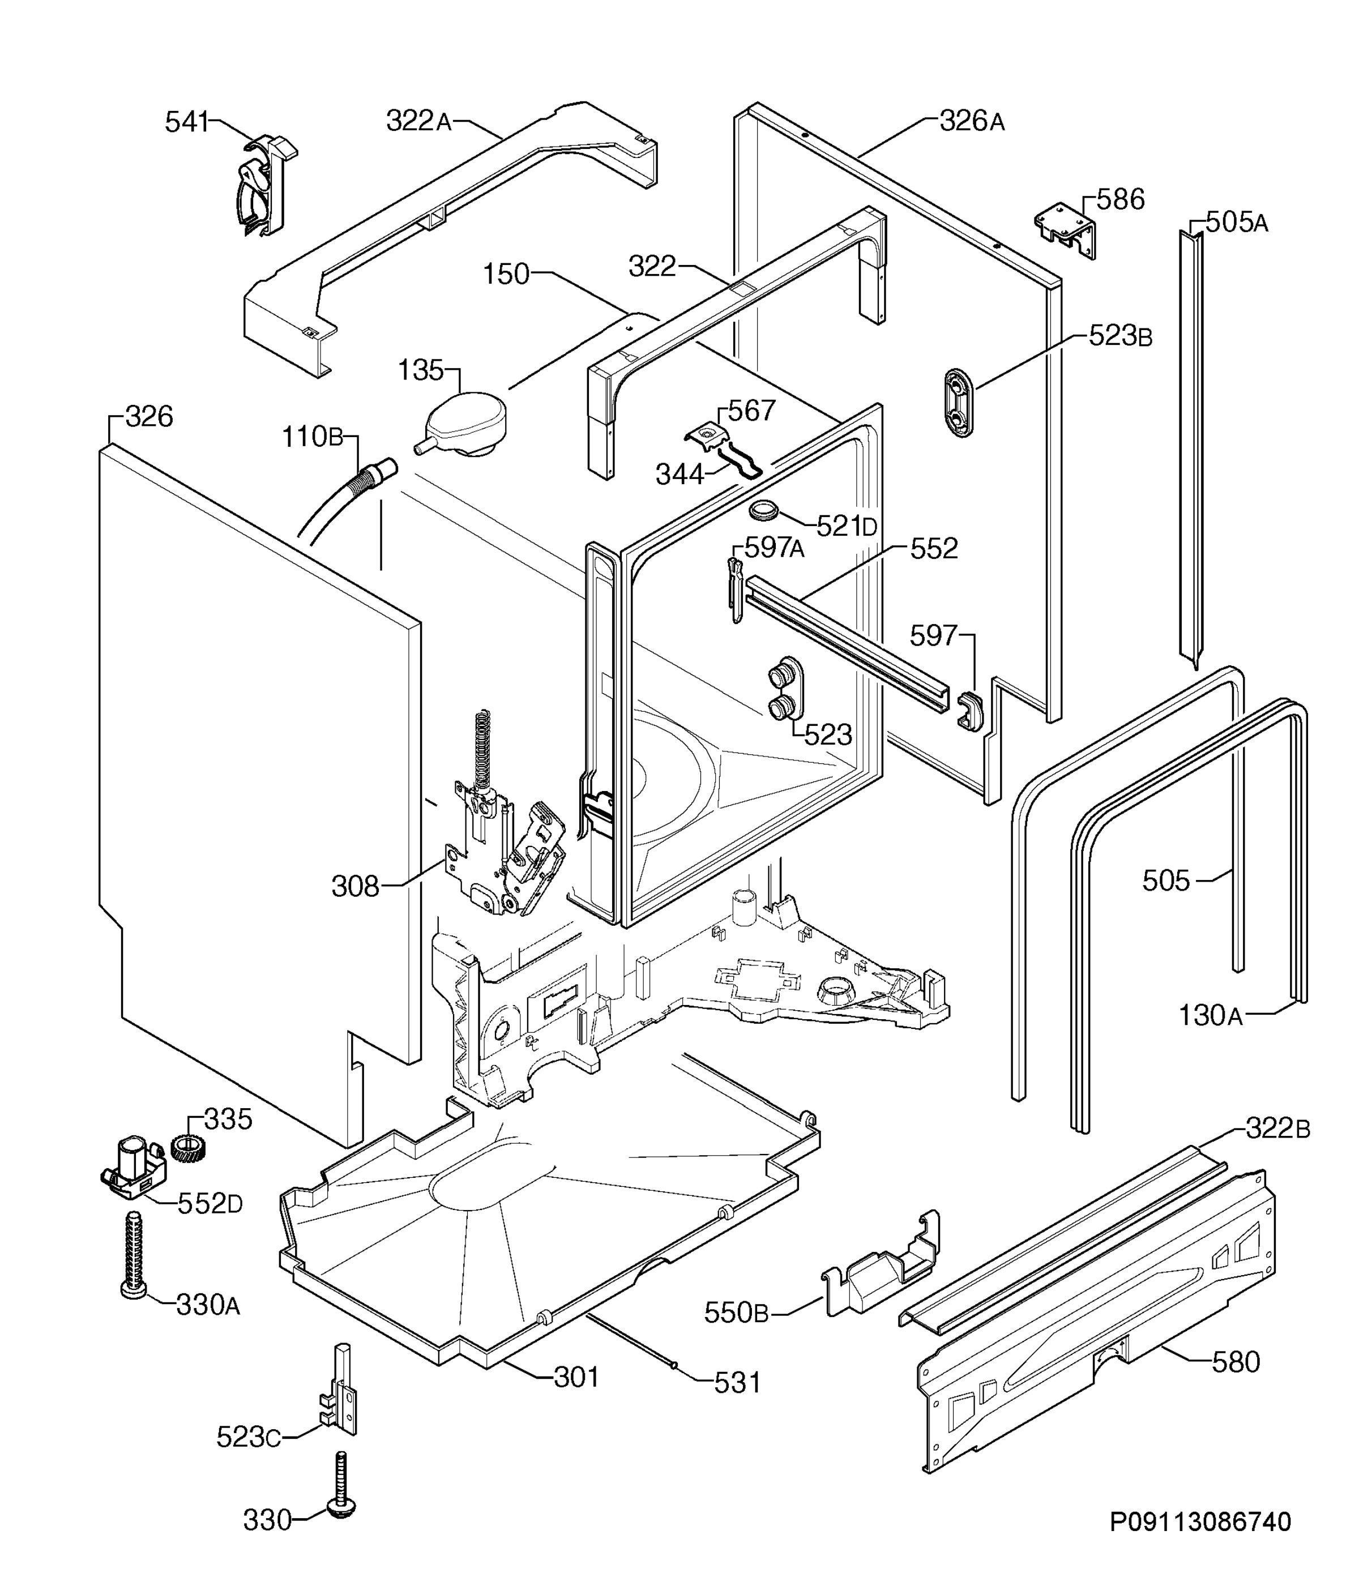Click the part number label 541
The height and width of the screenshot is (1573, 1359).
tap(187, 122)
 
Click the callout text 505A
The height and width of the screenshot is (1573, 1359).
tap(1237, 223)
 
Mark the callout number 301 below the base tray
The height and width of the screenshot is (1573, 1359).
tap(576, 1377)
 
